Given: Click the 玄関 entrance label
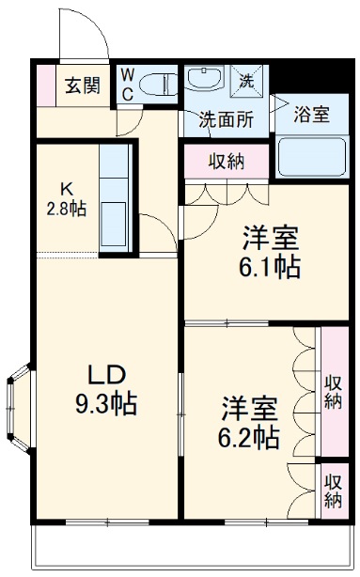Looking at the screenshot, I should click(82, 86).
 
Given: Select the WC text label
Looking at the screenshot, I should click(127, 83).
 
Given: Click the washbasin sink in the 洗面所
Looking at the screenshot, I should click(205, 80).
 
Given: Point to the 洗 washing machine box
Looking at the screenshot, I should click(248, 81).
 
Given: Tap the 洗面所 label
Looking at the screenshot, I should click(227, 118).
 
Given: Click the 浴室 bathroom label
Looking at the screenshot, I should click(311, 116).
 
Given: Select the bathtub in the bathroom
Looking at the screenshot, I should click(310, 156).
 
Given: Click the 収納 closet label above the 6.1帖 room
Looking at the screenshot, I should click(227, 161).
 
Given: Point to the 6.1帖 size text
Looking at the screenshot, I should click(269, 267).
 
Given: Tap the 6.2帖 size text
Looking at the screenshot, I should click(248, 437).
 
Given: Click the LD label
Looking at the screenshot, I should click(106, 374).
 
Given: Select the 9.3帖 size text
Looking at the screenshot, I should click(106, 405).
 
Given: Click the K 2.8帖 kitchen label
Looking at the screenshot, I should click(68, 197).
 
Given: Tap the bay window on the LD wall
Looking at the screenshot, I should click(19, 409).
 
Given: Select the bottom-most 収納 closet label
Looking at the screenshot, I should click(332, 490).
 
